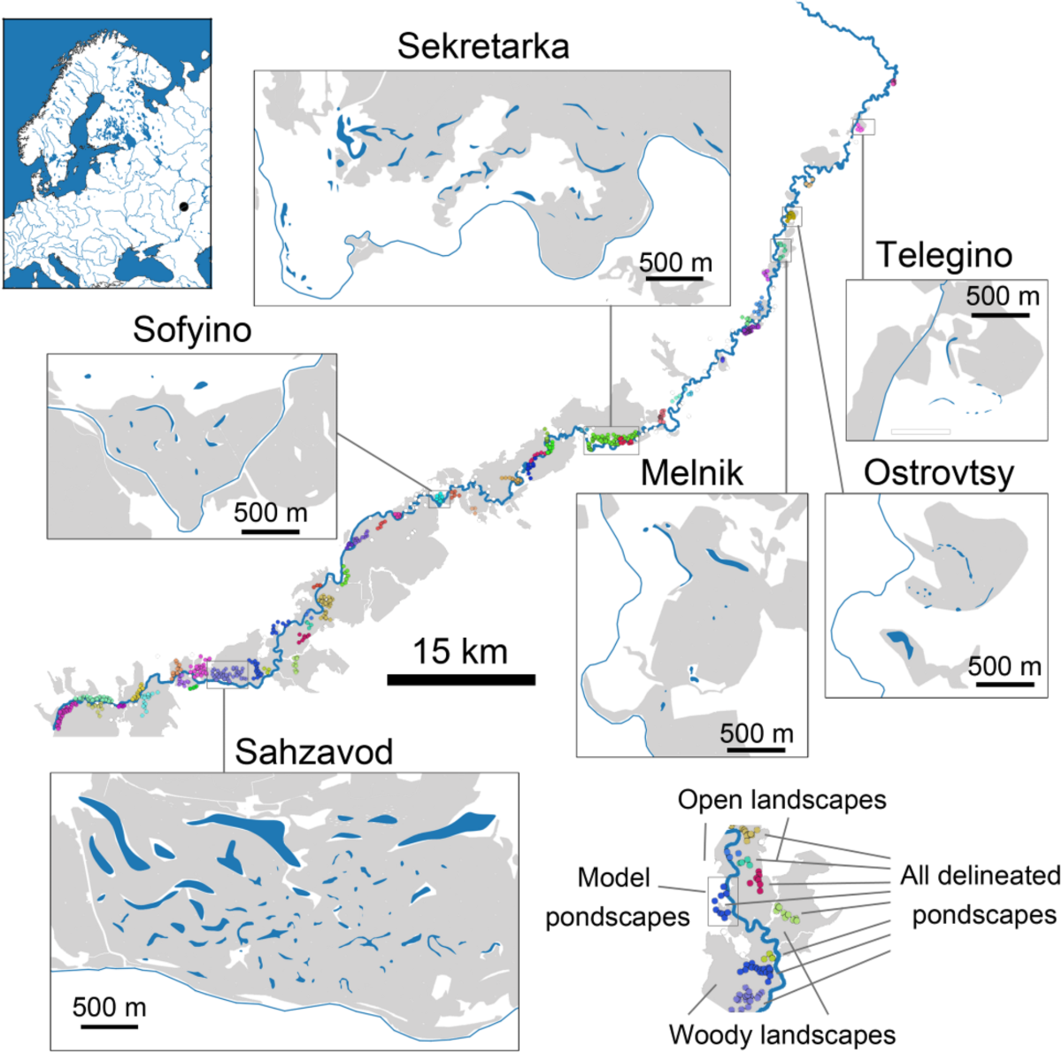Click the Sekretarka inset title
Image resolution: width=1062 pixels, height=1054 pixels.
click(482, 46)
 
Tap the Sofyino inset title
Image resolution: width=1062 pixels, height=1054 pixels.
click(192, 329)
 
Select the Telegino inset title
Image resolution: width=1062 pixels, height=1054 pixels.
click(943, 255)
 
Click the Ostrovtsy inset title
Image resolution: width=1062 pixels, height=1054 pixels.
click(938, 473)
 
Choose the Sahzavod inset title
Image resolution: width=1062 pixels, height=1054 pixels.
click(313, 752)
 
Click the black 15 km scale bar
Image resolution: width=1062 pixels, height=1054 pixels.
click(461, 679)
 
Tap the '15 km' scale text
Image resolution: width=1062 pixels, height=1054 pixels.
click(460, 652)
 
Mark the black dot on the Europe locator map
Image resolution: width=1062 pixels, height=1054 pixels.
click(183, 206)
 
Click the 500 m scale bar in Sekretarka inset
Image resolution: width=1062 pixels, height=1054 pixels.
click(675, 278)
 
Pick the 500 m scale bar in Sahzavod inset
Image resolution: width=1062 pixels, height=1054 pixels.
click(109, 1026)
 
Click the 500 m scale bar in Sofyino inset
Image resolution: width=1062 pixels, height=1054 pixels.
click(270, 531)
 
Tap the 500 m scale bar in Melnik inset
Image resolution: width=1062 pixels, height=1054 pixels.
click(757, 750)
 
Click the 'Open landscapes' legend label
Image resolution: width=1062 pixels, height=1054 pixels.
click(781, 800)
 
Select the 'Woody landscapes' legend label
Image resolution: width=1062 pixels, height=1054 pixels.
click(781, 1035)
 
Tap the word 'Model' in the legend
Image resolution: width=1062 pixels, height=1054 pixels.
click(613, 878)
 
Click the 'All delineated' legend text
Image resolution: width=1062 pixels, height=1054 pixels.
click(980, 876)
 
